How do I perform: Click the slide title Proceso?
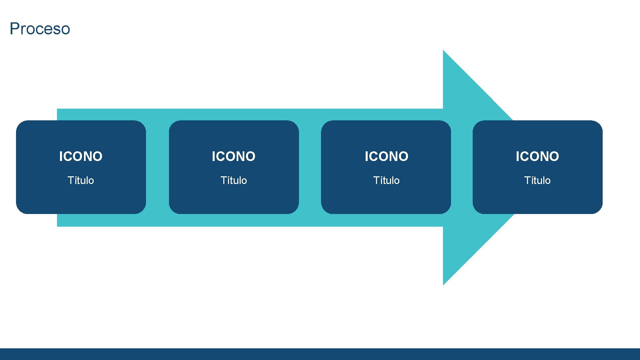pos(40,29)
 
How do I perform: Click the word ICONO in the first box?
pos(81,156)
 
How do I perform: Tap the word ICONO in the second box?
pos(233,156)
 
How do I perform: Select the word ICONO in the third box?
pos(386,156)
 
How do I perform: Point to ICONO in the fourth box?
pos(537,156)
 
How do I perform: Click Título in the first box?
pos(81,180)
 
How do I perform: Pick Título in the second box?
pos(233,180)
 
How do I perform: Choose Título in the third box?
pos(386,180)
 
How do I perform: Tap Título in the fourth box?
pos(537,180)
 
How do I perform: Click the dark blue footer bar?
pos(320,354)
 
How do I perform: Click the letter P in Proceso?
pos(14,29)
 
